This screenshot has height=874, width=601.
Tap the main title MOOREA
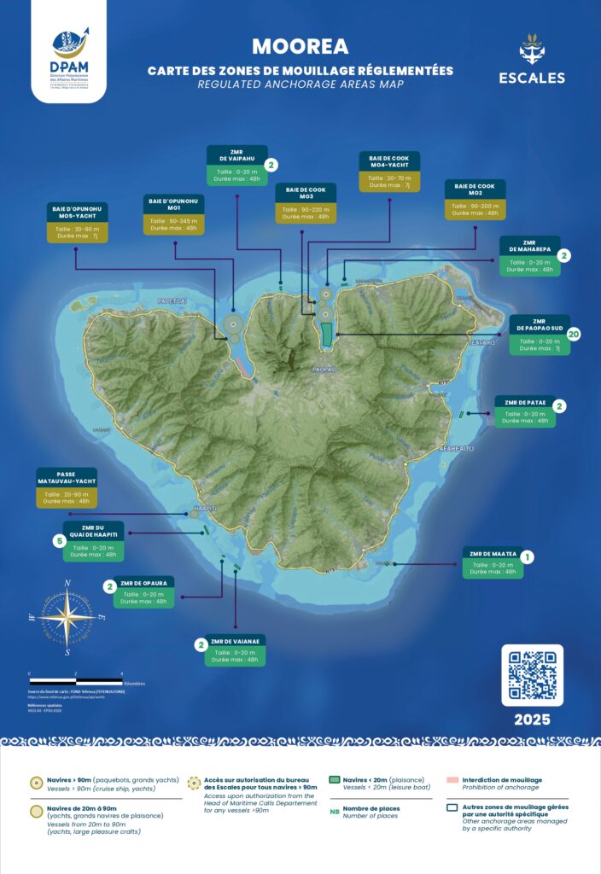click(x=300, y=45)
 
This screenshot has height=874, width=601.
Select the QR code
click(x=532, y=675)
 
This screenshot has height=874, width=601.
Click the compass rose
click(x=67, y=618)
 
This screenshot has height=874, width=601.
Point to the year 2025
click(x=532, y=720)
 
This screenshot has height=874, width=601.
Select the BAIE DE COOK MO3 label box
click(x=306, y=203)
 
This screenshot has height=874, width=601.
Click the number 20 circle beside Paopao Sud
click(x=574, y=334)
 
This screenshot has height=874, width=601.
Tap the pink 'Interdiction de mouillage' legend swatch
click(x=453, y=780)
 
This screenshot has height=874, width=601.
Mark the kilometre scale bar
click(x=75, y=674)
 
